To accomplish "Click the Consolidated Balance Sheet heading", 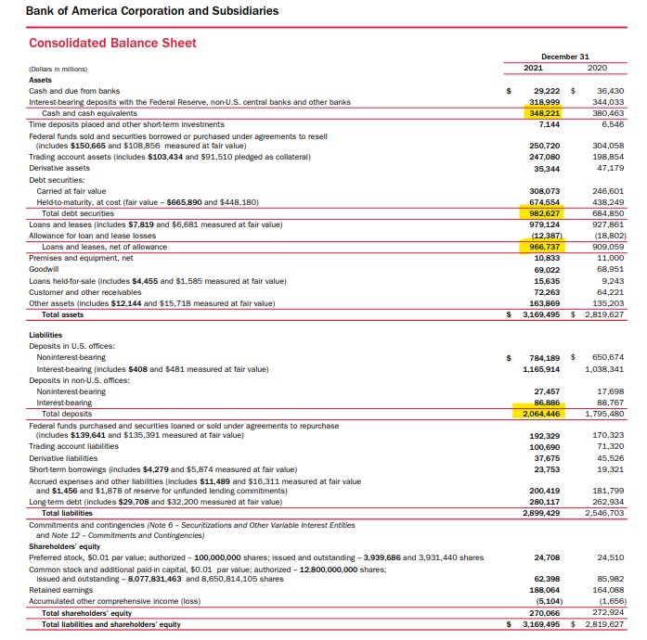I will [112, 43].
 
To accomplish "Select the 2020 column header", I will [598, 68].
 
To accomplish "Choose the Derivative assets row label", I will [59, 168].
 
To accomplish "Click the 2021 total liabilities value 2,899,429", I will [543, 513].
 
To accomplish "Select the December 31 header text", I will [564, 57].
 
